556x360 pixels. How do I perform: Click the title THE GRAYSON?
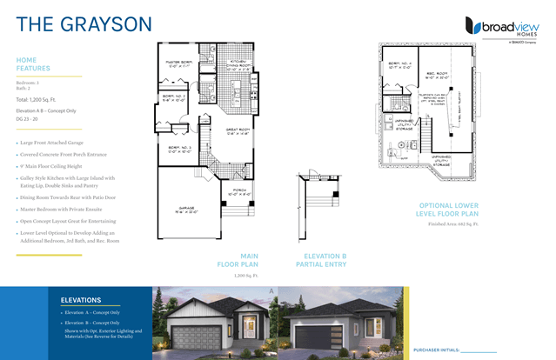84,23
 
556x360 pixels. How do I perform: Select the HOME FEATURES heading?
33,63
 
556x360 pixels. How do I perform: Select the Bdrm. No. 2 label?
175,97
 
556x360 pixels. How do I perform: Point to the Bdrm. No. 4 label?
398,64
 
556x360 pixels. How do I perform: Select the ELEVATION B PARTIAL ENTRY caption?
325,260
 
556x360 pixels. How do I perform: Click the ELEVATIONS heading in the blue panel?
81,299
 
